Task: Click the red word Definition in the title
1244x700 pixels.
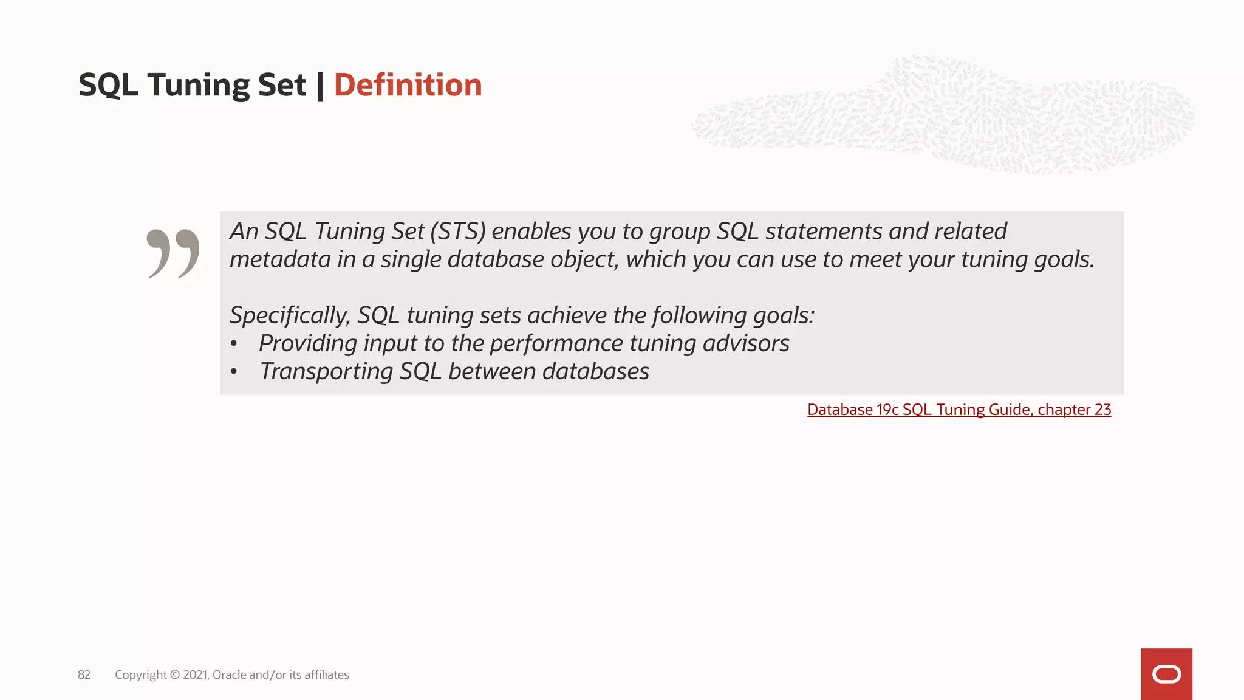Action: [408, 84]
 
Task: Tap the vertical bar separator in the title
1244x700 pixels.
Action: [320, 84]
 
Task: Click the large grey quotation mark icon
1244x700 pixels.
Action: [173, 253]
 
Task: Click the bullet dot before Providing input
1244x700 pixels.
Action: [234, 344]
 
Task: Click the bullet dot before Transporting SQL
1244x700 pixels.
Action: [234, 372]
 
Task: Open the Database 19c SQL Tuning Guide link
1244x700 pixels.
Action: [959, 410]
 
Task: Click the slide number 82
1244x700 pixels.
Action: [84, 674]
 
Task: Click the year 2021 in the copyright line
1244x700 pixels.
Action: [195, 674]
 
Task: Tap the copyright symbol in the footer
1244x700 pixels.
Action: [174, 674]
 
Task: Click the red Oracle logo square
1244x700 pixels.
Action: [1166, 674]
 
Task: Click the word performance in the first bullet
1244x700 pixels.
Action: [556, 343]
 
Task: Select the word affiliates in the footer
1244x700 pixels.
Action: [327, 674]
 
